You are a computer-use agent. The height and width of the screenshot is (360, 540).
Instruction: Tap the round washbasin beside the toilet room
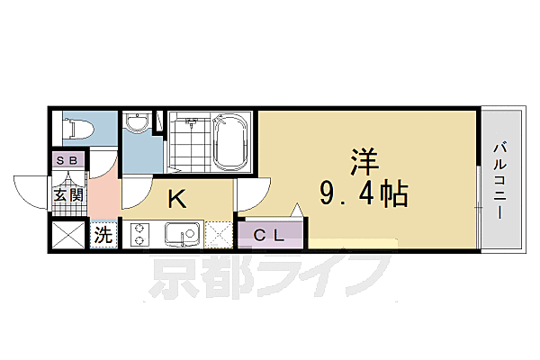(x=137, y=124)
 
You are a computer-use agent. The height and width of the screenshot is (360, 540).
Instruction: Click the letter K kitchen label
(x=177, y=198)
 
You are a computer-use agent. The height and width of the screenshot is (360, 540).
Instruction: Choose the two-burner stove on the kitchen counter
(x=142, y=235)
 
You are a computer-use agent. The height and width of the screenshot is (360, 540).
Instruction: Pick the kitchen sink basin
(x=188, y=236)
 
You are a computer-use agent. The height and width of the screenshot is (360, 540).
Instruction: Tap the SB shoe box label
(x=67, y=161)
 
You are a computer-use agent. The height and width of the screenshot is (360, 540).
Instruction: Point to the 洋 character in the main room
(x=364, y=162)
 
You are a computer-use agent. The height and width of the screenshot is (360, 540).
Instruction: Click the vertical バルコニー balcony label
(x=500, y=180)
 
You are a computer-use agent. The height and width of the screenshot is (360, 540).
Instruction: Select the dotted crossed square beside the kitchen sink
(x=220, y=235)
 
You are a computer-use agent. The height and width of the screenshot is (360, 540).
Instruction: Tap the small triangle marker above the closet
(x=299, y=211)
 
